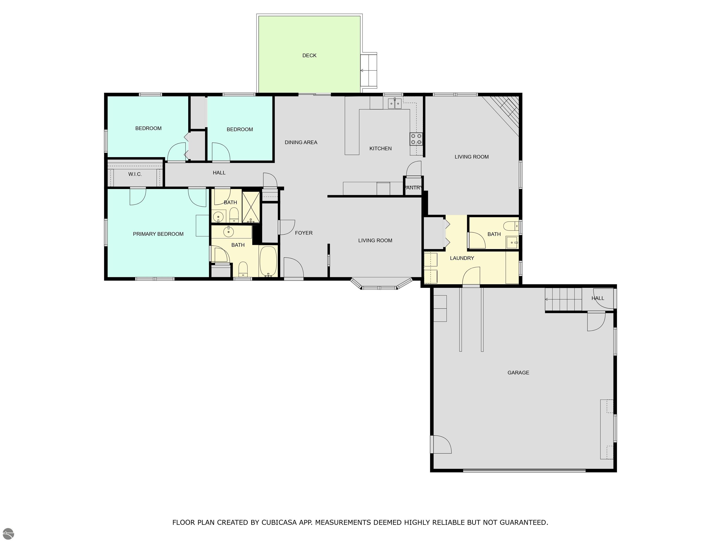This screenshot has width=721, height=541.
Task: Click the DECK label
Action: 309,55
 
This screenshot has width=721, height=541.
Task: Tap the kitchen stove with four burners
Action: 416,139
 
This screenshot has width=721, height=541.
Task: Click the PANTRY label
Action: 413,188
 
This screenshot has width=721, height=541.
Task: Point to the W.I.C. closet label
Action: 135,174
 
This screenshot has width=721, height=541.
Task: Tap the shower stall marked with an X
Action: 251,207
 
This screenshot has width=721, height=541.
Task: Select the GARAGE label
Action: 518,372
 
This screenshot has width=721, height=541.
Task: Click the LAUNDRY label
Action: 462,258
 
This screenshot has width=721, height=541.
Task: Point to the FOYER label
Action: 304,233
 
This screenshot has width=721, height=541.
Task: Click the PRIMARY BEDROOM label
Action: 158,234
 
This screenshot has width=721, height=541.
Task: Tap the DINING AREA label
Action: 301,142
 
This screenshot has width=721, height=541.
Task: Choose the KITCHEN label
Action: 380,148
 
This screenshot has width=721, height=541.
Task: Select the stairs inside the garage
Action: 564,299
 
